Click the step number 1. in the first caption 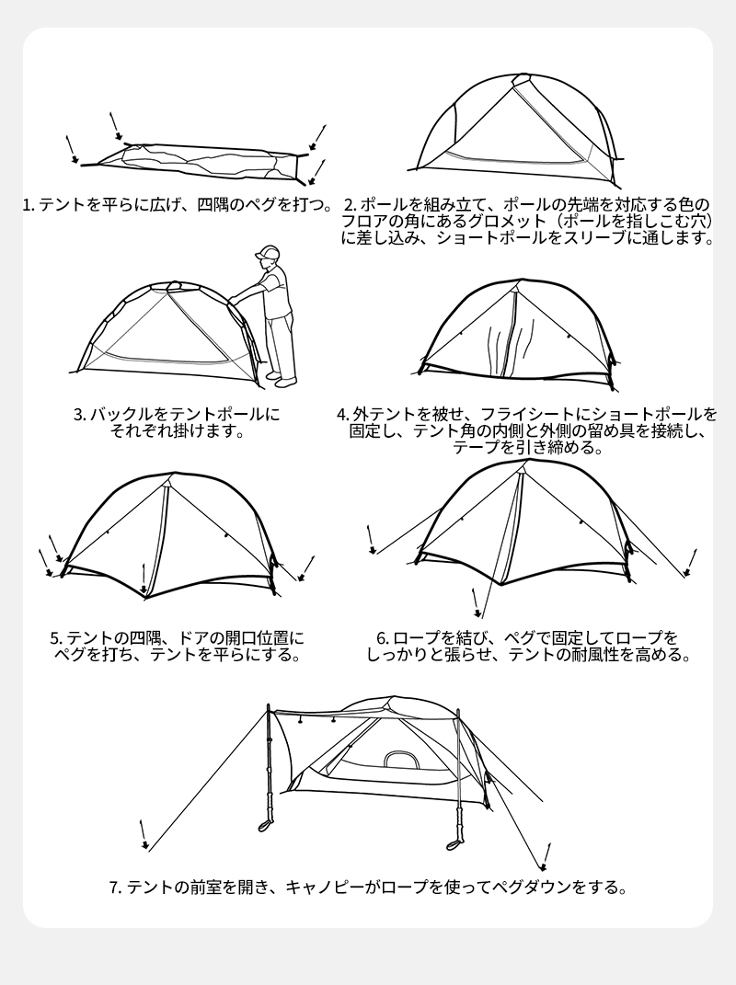tap(29, 205)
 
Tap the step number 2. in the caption tap(351, 205)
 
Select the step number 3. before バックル tap(80, 415)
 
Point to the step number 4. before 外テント tap(343, 415)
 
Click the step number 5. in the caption tap(56, 638)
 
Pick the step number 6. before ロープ tap(383, 638)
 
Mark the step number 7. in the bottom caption tap(116, 888)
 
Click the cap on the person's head tap(268, 252)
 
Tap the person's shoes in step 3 tap(281, 379)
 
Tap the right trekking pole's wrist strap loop tap(454, 842)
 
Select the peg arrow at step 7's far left tap(144, 834)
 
